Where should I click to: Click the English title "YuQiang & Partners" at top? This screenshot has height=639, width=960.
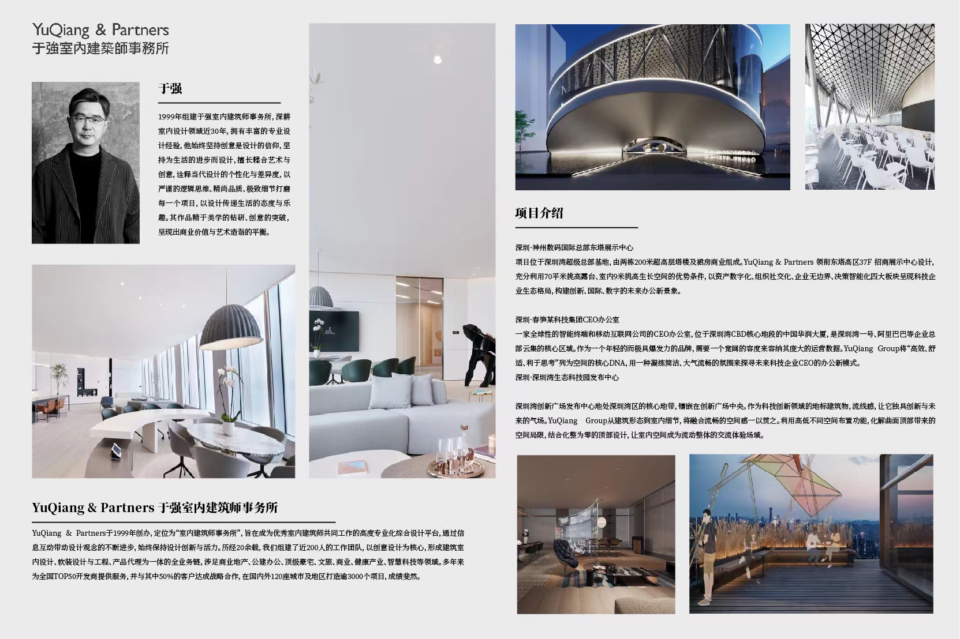(x=101, y=30)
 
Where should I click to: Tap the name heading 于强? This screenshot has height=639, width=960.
(x=170, y=89)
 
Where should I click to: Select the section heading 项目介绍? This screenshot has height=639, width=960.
(x=539, y=213)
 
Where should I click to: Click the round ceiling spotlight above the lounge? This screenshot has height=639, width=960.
(x=437, y=59)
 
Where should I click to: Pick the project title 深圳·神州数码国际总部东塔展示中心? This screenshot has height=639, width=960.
(x=574, y=247)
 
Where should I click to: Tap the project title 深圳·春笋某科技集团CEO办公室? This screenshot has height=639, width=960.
(x=567, y=319)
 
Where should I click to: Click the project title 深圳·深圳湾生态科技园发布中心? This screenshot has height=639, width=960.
(x=567, y=377)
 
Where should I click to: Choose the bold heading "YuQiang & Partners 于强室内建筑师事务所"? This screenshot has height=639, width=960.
(x=155, y=508)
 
